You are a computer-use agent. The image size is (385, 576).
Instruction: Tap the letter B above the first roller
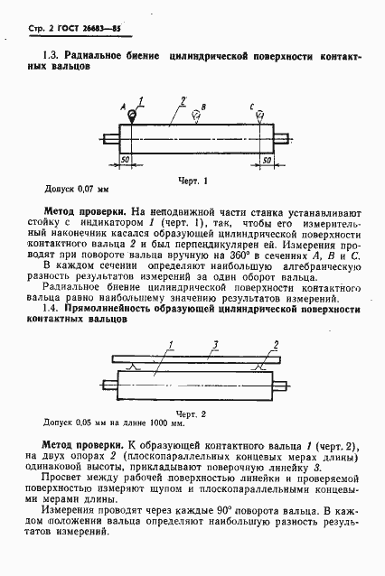[204, 107]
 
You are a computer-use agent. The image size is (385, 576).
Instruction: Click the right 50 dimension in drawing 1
[268, 158]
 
